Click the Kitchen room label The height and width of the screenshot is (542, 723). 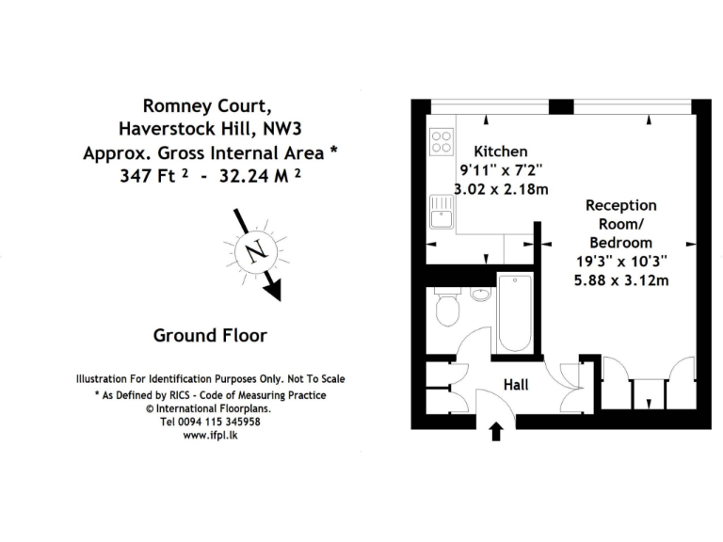coord(500,151)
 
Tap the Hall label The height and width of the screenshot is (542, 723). coord(516,384)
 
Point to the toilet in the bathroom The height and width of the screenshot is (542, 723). coord(448,309)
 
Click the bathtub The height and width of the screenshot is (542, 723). coord(514,313)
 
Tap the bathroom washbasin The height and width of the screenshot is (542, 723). coord(480,294)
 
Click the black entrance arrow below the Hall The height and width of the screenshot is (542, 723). coord(498,432)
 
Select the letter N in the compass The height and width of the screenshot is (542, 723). coord(253,252)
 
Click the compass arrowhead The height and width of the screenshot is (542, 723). coord(273,291)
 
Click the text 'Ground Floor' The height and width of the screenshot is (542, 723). coord(210,335)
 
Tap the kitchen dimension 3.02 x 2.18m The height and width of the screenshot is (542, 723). coord(500,189)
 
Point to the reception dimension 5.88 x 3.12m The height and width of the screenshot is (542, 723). coord(622,279)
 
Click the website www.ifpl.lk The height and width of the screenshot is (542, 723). coord(210,438)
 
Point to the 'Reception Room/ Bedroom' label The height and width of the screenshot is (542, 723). coord(621,223)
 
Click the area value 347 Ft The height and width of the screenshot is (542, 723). coord(151,175)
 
